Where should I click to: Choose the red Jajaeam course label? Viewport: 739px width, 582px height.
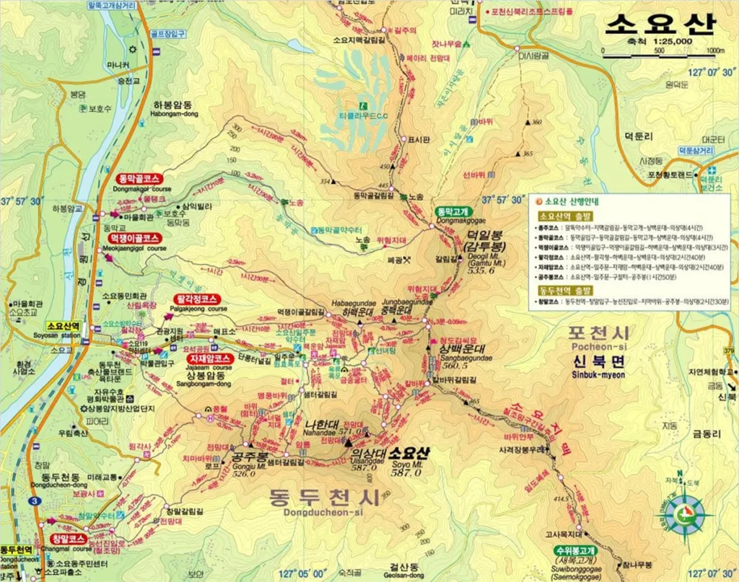click(209, 358)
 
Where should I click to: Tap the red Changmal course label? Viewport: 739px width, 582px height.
click(69, 539)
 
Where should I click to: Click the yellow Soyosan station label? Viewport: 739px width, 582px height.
click(64, 327)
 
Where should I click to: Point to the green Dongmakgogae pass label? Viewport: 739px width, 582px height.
click(453, 211)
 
